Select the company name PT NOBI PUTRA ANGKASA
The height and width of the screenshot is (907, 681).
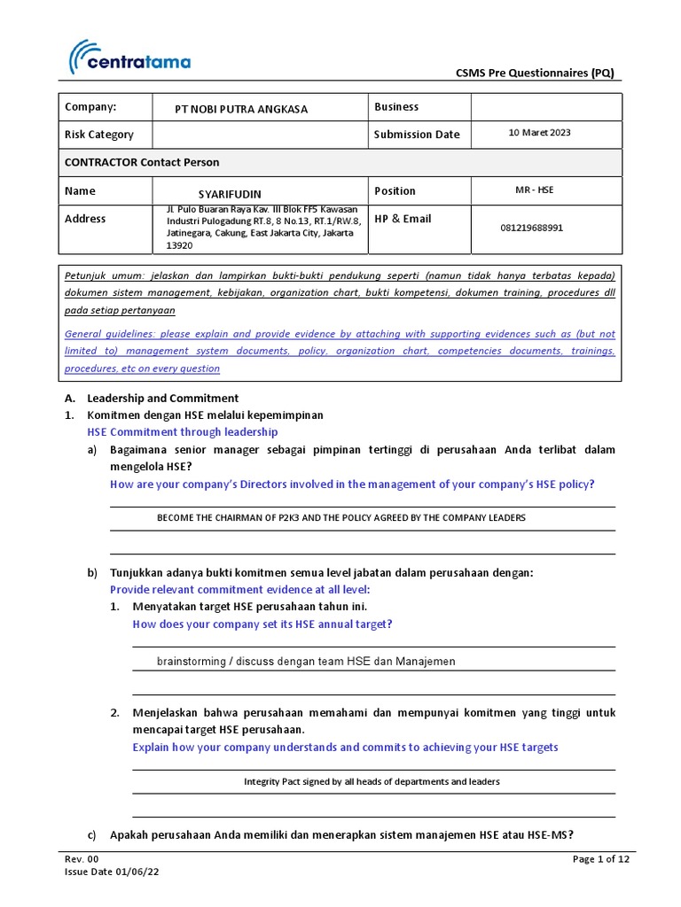pyautogui.click(x=241, y=109)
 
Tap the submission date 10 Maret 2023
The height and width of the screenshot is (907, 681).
pyautogui.click(x=539, y=133)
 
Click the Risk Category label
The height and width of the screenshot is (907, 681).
pyautogui.click(x=98, y=135)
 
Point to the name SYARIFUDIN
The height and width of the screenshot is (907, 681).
pyautogui.click(x=230, y=194)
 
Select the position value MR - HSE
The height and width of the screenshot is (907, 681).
pyautogui.click(x=534, y=190)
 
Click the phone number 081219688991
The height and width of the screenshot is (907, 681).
pyautogui.click(x=531, y=228)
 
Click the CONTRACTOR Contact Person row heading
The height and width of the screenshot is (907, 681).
pyautogui.click(x=142, y=163)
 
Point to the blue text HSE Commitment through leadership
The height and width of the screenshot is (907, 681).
pyautogui.click(x=182, y=432)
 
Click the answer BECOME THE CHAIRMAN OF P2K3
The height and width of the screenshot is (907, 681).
pyautogui.click(x=340, y=517)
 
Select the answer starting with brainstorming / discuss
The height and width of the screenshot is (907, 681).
pyautogui.click(x=306, y=662)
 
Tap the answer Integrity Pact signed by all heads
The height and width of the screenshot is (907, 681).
pyautogui.click(x=372, y=781)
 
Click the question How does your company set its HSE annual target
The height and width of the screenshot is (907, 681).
pyautogui.click(x=262, y=624)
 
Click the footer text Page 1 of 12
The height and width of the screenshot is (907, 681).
pyautogui.click(x=601, y=859)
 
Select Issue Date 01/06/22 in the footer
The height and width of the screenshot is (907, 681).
pyautogui.click(x=113, y=872)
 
